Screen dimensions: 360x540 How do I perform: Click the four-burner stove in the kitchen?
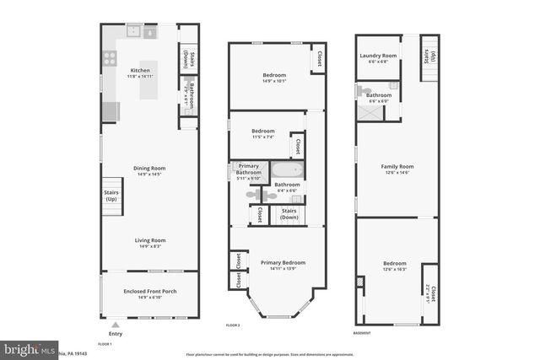pyautogui.click(x=109, y=58)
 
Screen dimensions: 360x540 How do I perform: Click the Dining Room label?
pyautogui.click(x=151, y=168)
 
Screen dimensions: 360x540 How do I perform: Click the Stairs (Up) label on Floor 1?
pyautogui.click(x=111, y=195)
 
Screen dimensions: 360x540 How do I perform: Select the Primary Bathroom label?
pyautogui.click(x=248, y=169)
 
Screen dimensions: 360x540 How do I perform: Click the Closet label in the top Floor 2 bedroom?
pyautogui.click(x=319, y=58)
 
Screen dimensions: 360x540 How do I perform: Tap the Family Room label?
pyautogui.click(x=397, y=167)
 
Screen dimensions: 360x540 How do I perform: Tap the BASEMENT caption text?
pyautogui.click(x=364, y=332)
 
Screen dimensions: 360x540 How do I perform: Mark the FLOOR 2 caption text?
pyautogui.click(x=233, y=324)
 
